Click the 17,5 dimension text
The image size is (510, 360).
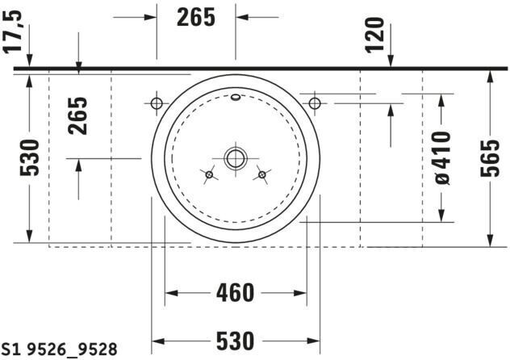pos(12,31)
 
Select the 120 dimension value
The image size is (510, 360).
pos(374,36)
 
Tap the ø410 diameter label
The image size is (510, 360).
pos(442,157)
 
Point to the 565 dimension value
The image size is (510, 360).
pos(490,158)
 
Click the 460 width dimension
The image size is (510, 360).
pos(235,293)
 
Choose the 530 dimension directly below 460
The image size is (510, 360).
pos(235,341)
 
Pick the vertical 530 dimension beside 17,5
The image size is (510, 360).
pos(29,157)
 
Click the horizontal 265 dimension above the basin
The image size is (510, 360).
pos(196,17)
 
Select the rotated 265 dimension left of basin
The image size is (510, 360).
pos(77,115)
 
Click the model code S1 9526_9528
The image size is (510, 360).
pos(60,350)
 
